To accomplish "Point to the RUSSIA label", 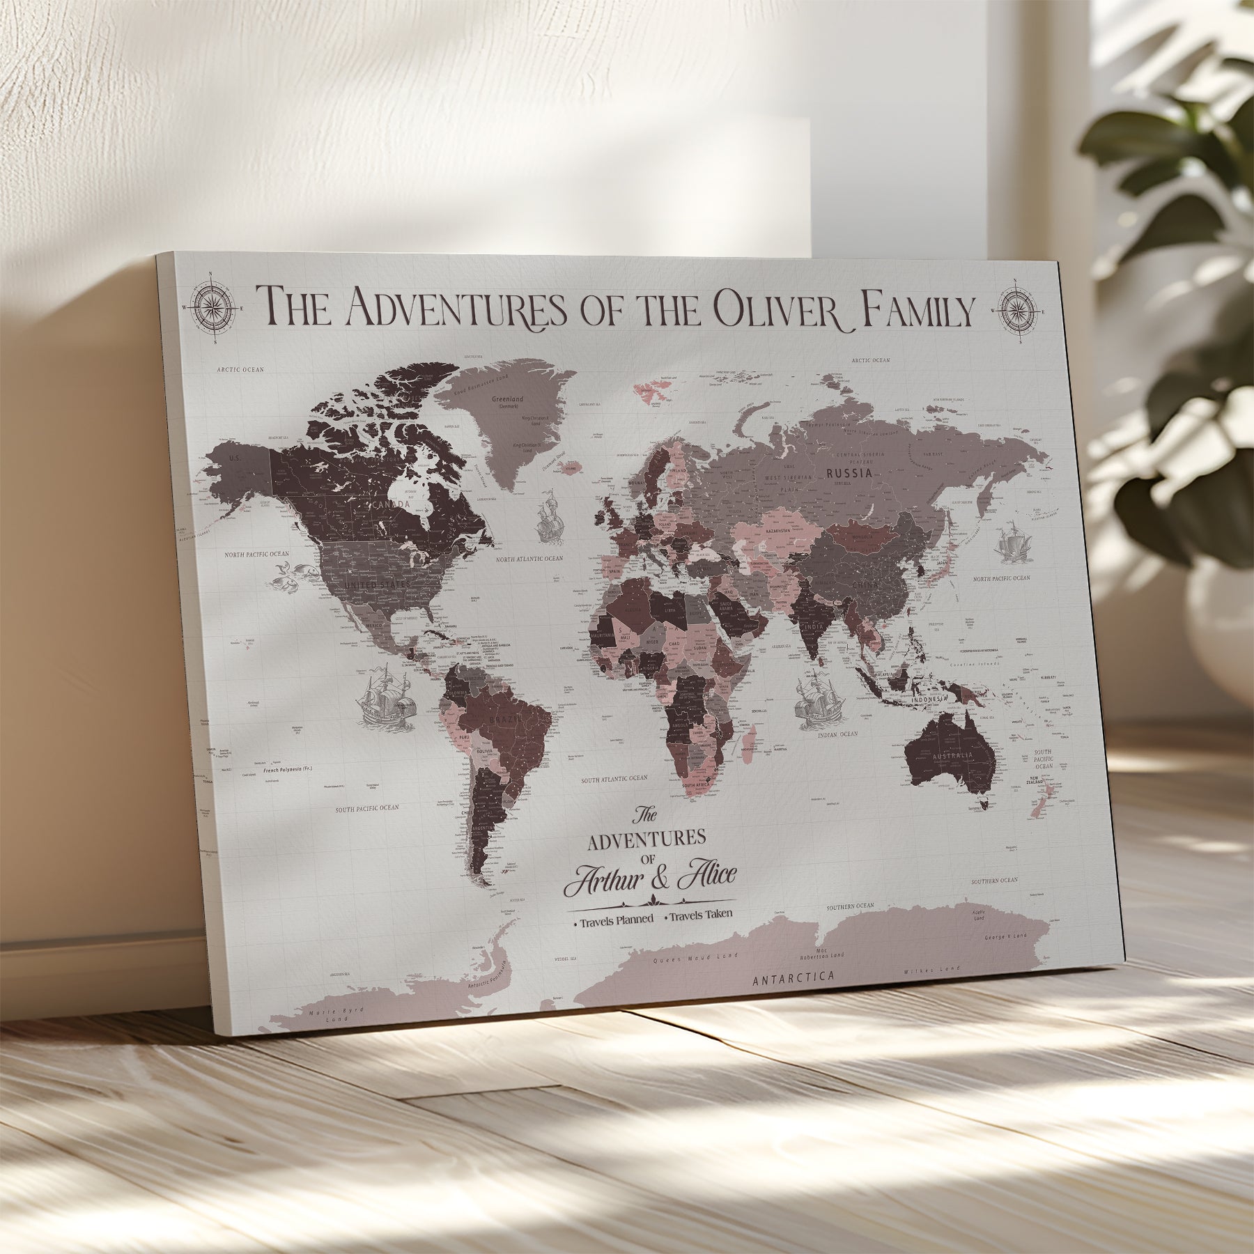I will tap(849, 473).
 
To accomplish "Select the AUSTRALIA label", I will tap(952, 757).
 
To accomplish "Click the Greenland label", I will tap(507, 400).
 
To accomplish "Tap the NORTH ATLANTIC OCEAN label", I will tap(529, 559).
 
